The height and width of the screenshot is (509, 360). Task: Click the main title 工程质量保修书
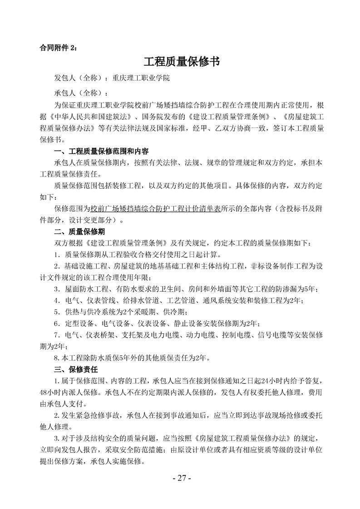tap(181, 61)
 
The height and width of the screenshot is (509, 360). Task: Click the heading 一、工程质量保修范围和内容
tap(102, 152)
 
